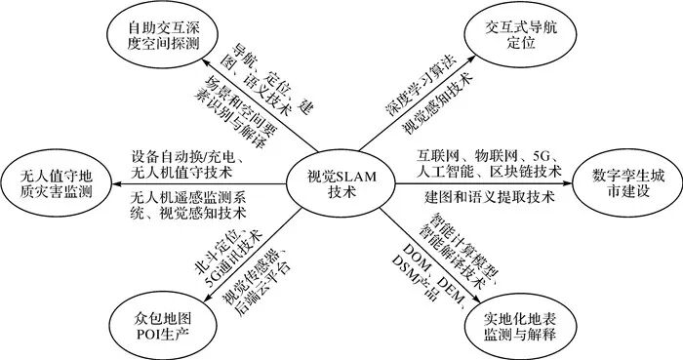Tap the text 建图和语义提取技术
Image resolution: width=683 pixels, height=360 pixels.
pyautogui.click(x=479, y=197)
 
